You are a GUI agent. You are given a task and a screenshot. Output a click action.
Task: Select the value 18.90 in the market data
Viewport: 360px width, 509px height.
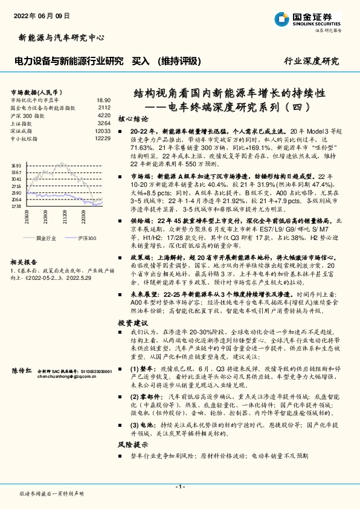[x=103, y=100]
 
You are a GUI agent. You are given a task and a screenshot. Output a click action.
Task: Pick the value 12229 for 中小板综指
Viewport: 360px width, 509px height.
[x=103, y=138]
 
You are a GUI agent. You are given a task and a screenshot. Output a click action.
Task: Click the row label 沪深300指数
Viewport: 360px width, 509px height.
[x=28, y=115]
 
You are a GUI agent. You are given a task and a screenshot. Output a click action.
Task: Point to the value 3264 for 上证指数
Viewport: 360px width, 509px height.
[x=104, y=123]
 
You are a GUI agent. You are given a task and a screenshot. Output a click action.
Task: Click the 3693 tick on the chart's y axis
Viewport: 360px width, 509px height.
[x=16, y=165]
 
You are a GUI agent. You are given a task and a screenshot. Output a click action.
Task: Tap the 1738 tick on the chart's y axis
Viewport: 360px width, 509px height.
[x=16, y=207]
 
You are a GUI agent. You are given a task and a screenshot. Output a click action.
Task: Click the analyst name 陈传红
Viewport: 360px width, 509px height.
[x=23, y=370]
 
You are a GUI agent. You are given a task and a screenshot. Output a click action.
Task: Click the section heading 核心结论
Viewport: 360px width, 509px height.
[x=132, y=119]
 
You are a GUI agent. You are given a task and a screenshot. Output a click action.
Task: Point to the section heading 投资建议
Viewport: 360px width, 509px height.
[x=132, y=323]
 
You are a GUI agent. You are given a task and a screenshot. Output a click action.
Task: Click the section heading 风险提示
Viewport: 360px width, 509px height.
[x=132, y=444]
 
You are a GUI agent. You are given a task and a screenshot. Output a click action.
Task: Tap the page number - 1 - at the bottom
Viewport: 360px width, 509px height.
[x=179, y=486]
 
